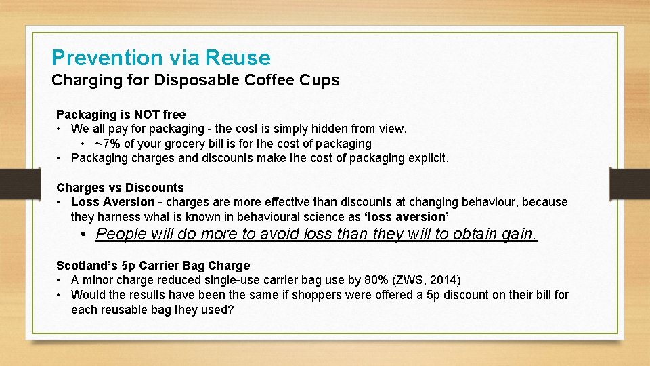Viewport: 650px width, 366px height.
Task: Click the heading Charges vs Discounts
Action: pos(120,188)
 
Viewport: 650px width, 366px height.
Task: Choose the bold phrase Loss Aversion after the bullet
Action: pos(112,202)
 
